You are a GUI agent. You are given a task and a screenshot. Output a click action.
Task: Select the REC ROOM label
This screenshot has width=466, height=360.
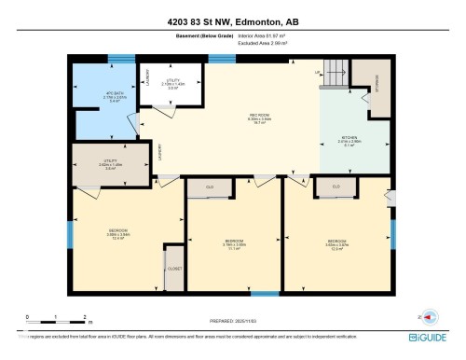(233, 118)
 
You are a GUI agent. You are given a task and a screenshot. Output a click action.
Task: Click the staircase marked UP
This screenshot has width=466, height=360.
(337, 79)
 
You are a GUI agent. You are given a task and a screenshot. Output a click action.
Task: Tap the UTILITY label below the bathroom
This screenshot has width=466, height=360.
(110, 166)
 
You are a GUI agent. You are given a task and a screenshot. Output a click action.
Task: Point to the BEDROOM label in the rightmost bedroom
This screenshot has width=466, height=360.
(336, 245)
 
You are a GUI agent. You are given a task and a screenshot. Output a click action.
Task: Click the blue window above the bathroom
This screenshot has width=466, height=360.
(121, 58)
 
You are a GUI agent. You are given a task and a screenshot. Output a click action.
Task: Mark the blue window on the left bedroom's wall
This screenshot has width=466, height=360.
(69, 231)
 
